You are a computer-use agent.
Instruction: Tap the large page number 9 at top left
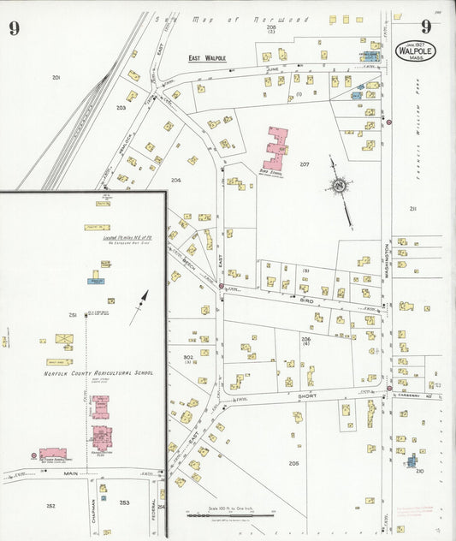point(15,28)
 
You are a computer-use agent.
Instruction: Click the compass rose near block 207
point(341,186)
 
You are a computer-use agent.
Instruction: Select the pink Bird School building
point(277,148)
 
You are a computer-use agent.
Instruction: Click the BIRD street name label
point(307,301)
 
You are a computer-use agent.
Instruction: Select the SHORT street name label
point(307,395)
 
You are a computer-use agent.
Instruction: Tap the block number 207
point(304,163)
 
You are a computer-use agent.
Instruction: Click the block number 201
point(56,78)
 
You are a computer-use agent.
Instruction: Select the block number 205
point(293,463)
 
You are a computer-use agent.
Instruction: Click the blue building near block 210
point(412,461)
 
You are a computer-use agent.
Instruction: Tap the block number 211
point(413,208)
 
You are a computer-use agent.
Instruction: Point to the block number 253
point(124,503)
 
